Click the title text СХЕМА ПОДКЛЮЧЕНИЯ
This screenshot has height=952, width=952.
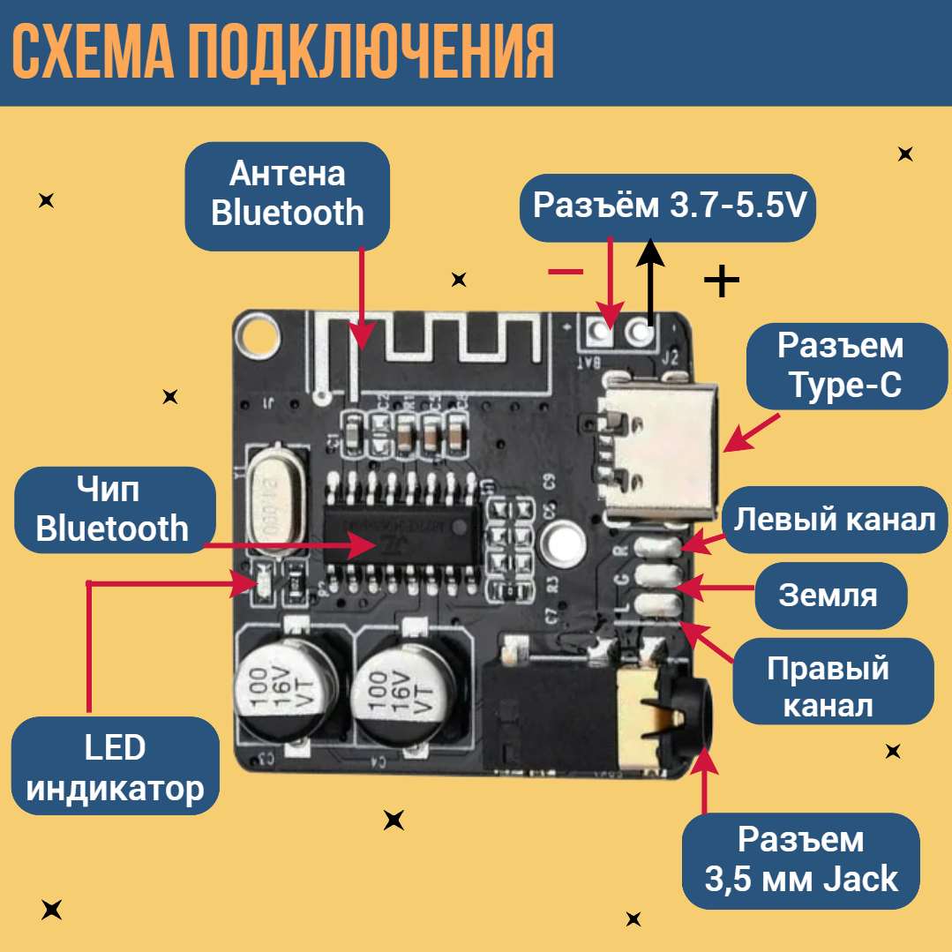pos(284,53)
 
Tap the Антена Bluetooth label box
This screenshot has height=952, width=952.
pos(287,195)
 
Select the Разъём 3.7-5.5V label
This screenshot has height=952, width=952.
pos(668,207)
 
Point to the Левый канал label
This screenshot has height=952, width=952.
pos(835,520)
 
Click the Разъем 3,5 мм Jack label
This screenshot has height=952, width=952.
pos(800,859)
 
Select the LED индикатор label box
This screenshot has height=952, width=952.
pos(116,768)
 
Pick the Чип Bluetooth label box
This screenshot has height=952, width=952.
pos(113,510)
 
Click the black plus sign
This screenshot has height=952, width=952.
pos(721,281)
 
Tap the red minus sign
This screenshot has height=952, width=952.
pos(566,272)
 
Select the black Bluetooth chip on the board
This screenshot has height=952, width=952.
pos(401,535)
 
